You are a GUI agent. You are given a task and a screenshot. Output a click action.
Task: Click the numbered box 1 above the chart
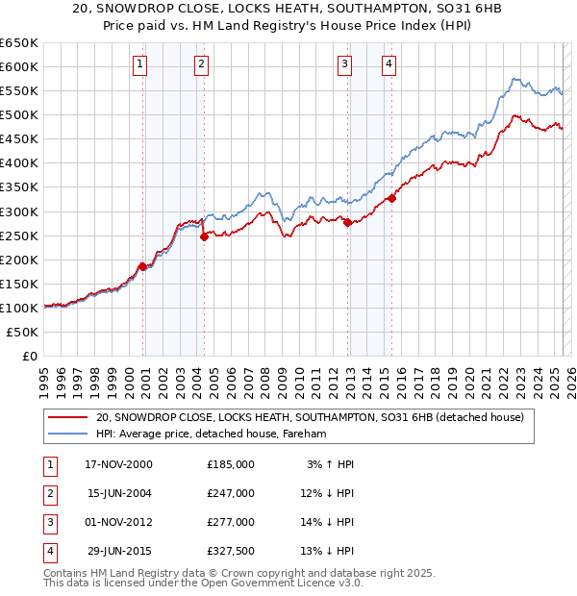pyautogui.click(x=139, y=64)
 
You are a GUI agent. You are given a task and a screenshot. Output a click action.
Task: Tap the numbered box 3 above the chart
pyautogui.click(x=344, y=64)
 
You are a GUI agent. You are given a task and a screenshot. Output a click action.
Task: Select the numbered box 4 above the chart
pyautogui.click(x=389, y=64)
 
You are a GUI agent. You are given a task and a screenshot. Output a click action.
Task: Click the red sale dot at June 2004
pyautogui.click(x=204, y=236)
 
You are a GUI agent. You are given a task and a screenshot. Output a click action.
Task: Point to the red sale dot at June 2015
pyautogui.click(x=391, y=198)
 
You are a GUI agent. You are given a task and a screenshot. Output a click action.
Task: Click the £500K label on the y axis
pyautogui.click(x=20, y=115)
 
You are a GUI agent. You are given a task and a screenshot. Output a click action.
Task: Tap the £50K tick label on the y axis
pyautogui.click(x=24, y=332)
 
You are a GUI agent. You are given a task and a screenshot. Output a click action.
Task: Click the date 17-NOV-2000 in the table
pyautogui.click(x=118, y=464)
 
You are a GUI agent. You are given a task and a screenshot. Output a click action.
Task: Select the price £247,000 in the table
pyautogui.click(x=231, y=493)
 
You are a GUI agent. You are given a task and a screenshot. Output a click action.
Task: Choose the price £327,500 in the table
pyautogui.click(x=231, y=551)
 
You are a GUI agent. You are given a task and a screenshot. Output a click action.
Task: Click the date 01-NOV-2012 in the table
pyautogui.click(x=118, y=522)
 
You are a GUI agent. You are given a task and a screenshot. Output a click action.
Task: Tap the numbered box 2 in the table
pyautogui.click(x=48, y=493)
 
